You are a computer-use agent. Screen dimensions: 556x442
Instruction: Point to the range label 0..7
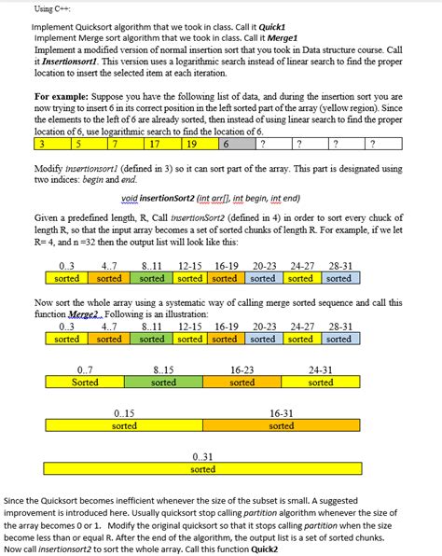pyautogui.click(x=85, y=370)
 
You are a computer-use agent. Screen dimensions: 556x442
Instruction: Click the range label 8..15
pyautogui.click(x=163, y=370)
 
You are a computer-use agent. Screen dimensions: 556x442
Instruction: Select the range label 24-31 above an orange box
pyautogui.click(x=320, y=370)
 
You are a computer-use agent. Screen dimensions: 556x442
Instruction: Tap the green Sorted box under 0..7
pyautogui.click(x=85, y=382)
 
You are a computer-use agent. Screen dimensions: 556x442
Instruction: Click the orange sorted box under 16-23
pyautogui.click(x=242, y=382)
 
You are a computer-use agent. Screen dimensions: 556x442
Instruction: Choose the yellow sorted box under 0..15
pyautogui.click(x=124, y=425)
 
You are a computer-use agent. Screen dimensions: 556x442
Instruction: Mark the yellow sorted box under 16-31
pyautogui.click(x=282, y=425)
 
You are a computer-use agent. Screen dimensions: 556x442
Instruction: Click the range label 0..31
pyautogui.click(x=202, y=457)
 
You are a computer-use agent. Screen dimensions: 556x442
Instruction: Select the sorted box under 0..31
pyautogui.click(x=202, y=469)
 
